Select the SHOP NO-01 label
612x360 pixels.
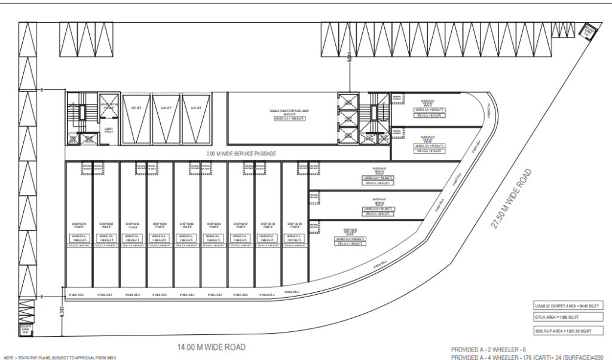click(78, 225)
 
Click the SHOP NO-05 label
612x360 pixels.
click(187, 225)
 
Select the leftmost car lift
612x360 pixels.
click(137, 119)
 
